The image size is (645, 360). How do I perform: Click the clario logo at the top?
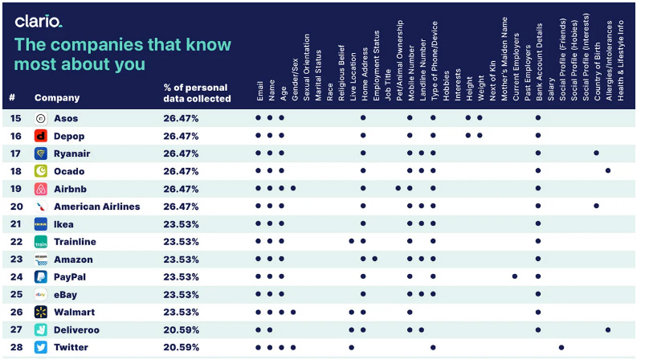point(39,22)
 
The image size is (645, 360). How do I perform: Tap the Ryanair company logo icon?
point(41,153)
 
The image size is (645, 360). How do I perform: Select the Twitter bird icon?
point(41,347)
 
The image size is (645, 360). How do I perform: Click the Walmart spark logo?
point(41,313)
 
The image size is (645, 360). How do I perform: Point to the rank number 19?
point(15,189)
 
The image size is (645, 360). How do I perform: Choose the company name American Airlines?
point(96,207)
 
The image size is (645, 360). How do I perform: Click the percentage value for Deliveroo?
point(181,330)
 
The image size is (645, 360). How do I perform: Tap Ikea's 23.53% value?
point(181,224)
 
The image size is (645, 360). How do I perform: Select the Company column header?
point(57,98)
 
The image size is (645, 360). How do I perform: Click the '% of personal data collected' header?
point(197,93)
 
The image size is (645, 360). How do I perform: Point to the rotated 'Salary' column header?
point(551,89)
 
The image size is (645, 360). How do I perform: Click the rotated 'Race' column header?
point(329,92)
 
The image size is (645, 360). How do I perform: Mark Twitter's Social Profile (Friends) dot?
point(561,348)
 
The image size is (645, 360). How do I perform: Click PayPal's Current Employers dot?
point(515,276)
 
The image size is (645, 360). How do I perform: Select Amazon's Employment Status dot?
point(375,259)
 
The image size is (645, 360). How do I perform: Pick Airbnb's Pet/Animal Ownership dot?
point(398,188)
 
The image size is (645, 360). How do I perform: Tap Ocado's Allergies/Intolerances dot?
point(608,170)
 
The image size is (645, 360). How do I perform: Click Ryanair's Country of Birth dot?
point(597,153)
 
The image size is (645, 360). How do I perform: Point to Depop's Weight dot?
point(480,135)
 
